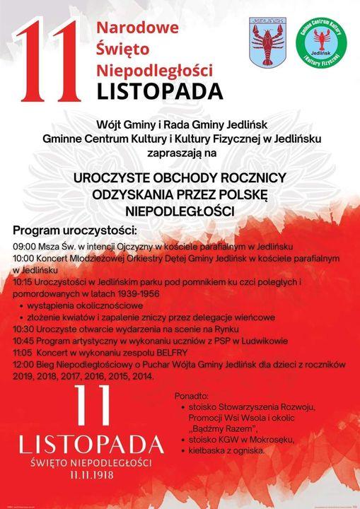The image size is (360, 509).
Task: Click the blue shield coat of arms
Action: (x=267, y=43)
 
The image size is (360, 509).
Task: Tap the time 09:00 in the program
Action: (x=25, y=246)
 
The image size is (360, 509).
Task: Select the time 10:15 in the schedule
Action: (x=25, y=281)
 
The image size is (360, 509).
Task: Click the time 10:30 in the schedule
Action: (x=25, y=329)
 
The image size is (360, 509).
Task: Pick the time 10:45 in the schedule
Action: (x=25, y=341)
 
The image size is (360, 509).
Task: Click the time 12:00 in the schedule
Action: (x=25, y=364)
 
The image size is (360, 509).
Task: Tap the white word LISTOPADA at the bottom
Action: (x=92, y=445)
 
